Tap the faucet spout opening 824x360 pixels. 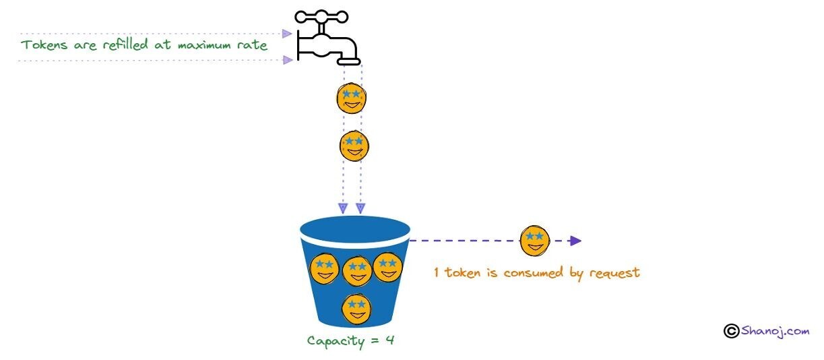coord(350,61)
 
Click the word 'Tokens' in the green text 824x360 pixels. coord(42,45)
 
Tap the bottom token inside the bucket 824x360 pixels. coord(356,309)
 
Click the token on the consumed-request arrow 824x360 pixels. coord(535,241)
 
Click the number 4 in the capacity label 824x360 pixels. coord(389,340)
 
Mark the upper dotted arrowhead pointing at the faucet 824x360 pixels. coord(288,33)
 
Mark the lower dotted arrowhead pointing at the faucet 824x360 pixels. coord(288,60)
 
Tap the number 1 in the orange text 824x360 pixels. coord(437,273)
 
